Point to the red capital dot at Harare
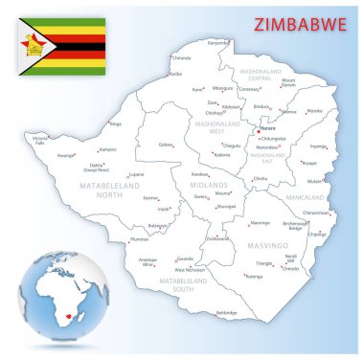coord(258,131)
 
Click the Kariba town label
coord(175,73)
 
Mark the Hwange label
coord(66,154)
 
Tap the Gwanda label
coord(185,259)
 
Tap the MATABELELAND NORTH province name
coord(80,184)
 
